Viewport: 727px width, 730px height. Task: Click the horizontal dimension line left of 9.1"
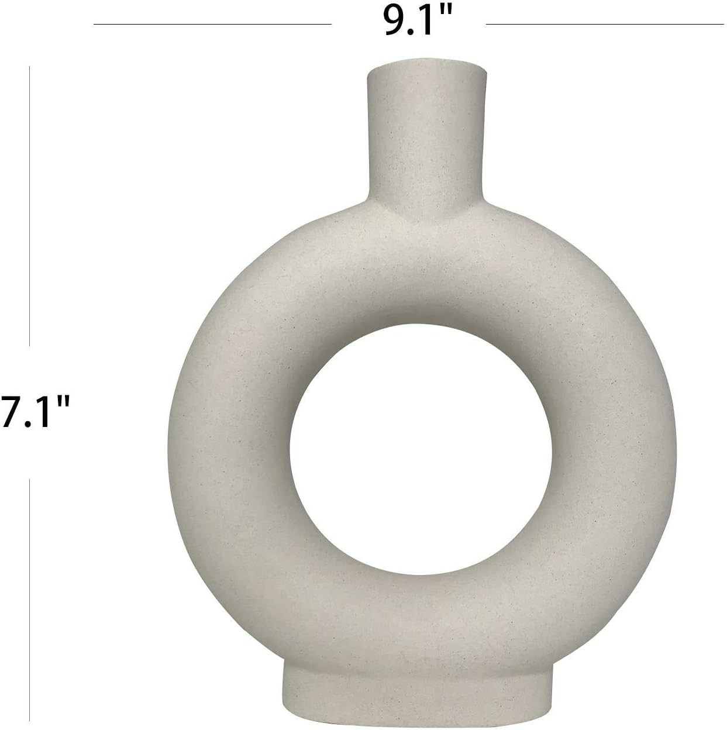pyautogui.click(x=212, y=24)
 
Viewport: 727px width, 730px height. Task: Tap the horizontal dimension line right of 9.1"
pyautogui.click(x=605, y=24)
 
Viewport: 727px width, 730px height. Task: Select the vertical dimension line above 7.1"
pyautogui.click(x=29, y=205)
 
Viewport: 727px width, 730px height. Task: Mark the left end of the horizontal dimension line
pyautogui.click(x=95, y=24)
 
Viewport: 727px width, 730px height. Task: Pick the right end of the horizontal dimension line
pyautogui.click(x=723, y=24)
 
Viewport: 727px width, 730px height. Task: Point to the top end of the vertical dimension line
pyautogui.click(x=29, y=67)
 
